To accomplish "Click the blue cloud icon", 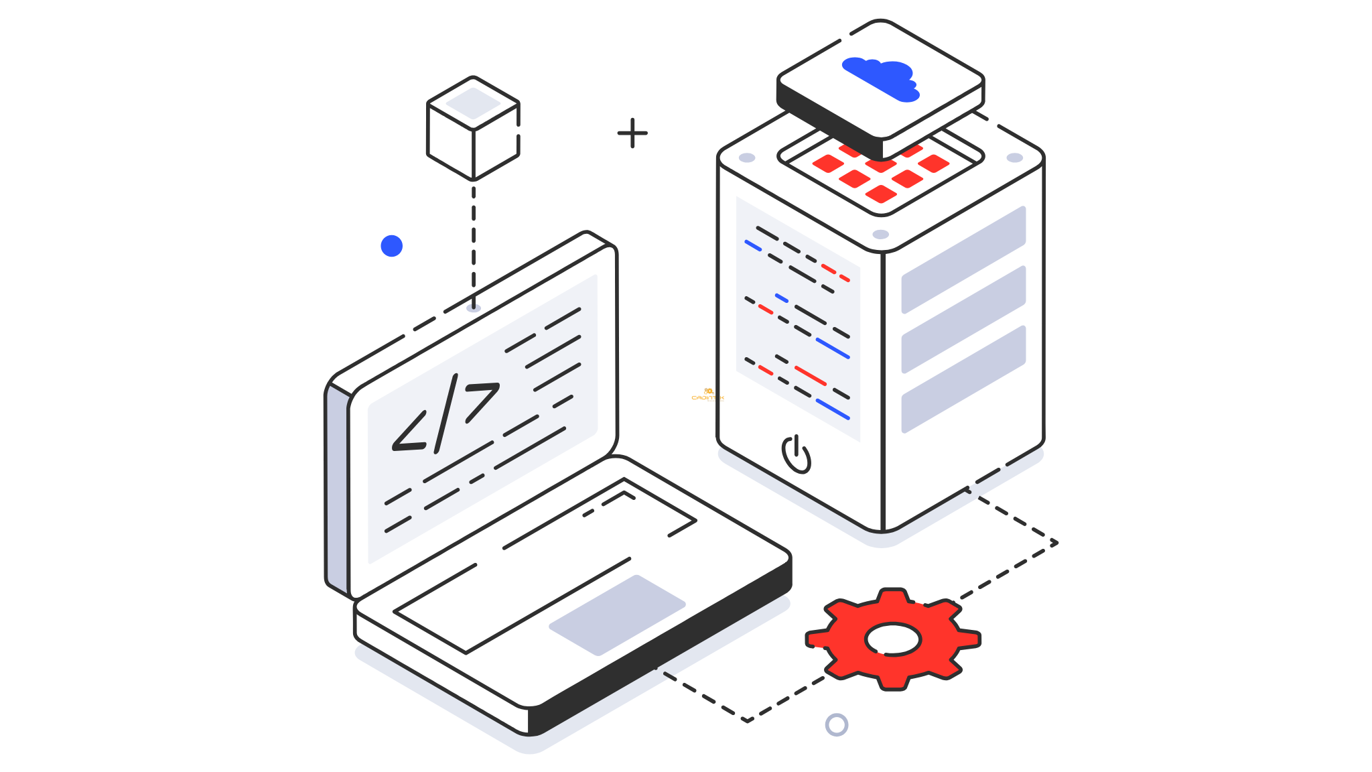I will coord(880,78).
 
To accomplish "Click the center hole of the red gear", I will coord(892,639).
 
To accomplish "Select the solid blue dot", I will coord(391,246).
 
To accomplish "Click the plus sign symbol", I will coord(632,133).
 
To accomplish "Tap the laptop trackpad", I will coord(617,615).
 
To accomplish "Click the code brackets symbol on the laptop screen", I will coord(445,415).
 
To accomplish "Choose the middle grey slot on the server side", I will coord(963,319).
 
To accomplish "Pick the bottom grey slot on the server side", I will coord(963,379).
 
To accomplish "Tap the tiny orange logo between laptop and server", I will coord(707,395).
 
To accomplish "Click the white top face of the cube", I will coord(473,103).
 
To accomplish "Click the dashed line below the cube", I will coord(474,241).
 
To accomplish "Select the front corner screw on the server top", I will coord(881,234).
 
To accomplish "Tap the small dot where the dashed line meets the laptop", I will coord(474,308).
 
